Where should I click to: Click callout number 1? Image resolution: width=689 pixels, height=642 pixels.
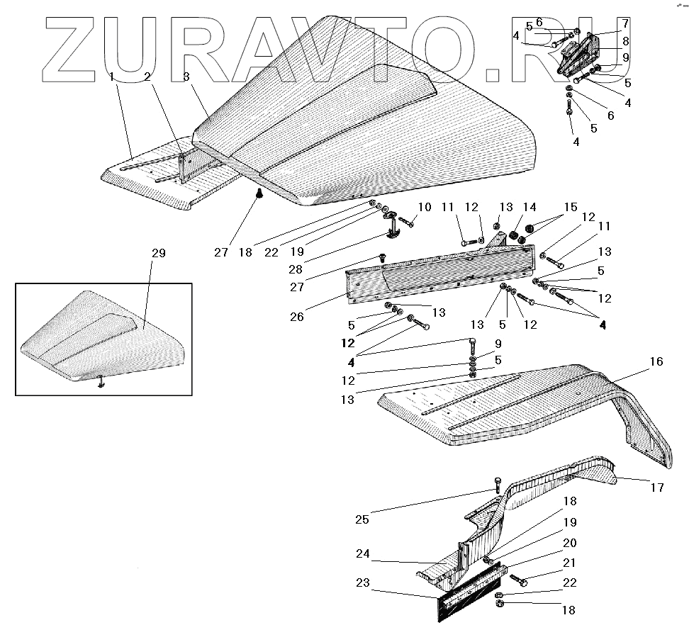point(111,77)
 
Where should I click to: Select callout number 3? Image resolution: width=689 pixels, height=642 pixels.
point(185,77)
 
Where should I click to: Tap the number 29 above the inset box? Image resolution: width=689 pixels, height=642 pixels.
point(159,253)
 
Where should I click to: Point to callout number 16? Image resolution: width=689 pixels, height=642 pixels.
point(656,362)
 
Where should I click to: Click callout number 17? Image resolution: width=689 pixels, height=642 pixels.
point(657,487)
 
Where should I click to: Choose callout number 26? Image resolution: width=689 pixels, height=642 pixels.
point(296,317)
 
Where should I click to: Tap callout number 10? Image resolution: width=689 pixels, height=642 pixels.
point(424,207)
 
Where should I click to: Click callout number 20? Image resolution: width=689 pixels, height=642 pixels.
point(570,543)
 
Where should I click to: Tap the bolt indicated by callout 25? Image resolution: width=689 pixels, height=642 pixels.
point(497,486)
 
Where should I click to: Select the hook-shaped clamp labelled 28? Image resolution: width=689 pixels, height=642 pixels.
point(398,229)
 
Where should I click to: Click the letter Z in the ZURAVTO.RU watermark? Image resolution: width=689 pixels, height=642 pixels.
point(74,50)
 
